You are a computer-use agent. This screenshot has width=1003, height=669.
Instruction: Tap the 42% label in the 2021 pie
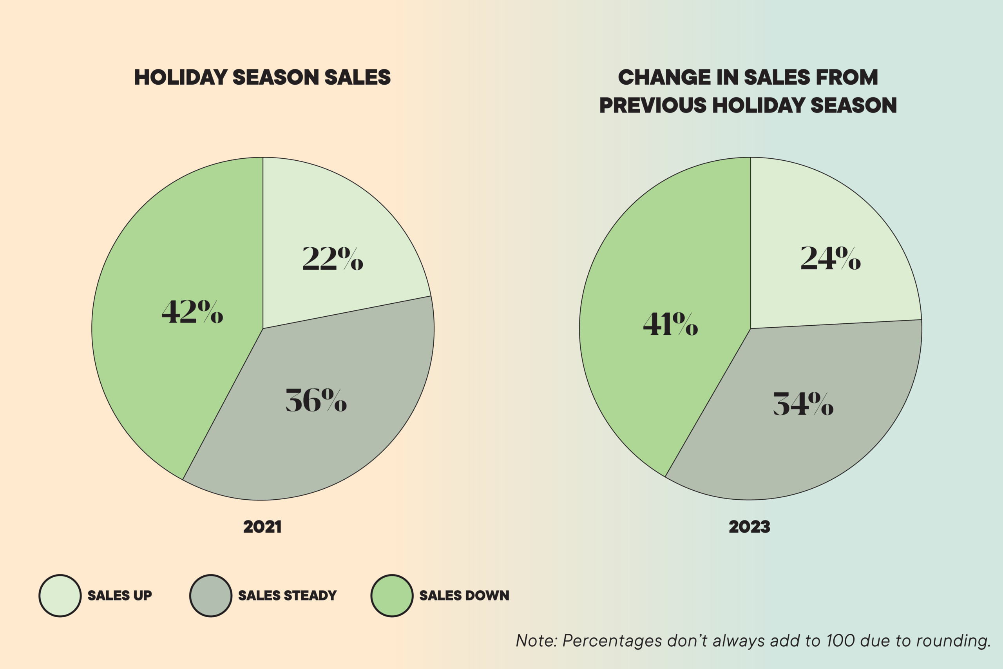click(192, 312)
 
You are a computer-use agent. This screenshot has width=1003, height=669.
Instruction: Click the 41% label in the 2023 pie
click(670, 324)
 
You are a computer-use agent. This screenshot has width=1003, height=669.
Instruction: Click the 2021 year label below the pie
click(262, 527)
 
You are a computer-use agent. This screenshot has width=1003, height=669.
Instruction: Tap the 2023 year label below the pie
click(749, 527)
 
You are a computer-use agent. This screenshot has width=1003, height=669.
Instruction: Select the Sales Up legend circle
click(60, 596)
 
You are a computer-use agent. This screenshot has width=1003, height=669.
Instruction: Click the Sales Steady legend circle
click(211, 596)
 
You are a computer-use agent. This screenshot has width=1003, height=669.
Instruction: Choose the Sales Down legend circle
click(392, 596)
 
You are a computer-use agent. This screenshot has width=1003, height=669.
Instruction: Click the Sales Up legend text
click(120, 596)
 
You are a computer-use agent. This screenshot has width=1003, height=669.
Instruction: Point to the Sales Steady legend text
click(288, 596)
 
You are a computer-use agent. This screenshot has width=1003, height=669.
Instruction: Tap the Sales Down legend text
click(464, 596)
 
